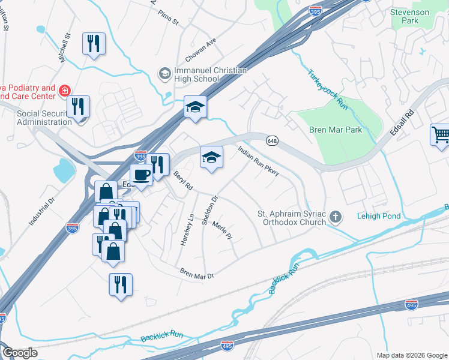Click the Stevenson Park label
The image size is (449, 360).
point(410,16)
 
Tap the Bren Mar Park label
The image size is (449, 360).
point(336,130)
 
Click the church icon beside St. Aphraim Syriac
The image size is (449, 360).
point(336,217)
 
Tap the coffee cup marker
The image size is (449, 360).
point(141,175)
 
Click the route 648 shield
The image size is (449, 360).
point(272,140)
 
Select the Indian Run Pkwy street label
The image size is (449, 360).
point(259,161)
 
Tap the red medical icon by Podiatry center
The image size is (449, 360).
point(64,91)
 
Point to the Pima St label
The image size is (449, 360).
point(169,21)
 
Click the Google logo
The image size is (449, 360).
point(20,353)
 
